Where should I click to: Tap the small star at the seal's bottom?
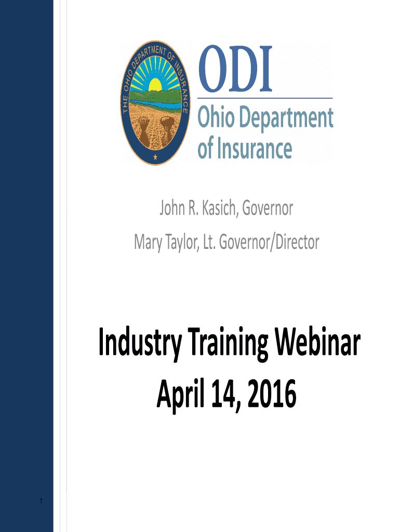point(154,157)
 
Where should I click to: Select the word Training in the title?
point(225,344)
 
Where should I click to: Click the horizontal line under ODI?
point(265,98)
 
